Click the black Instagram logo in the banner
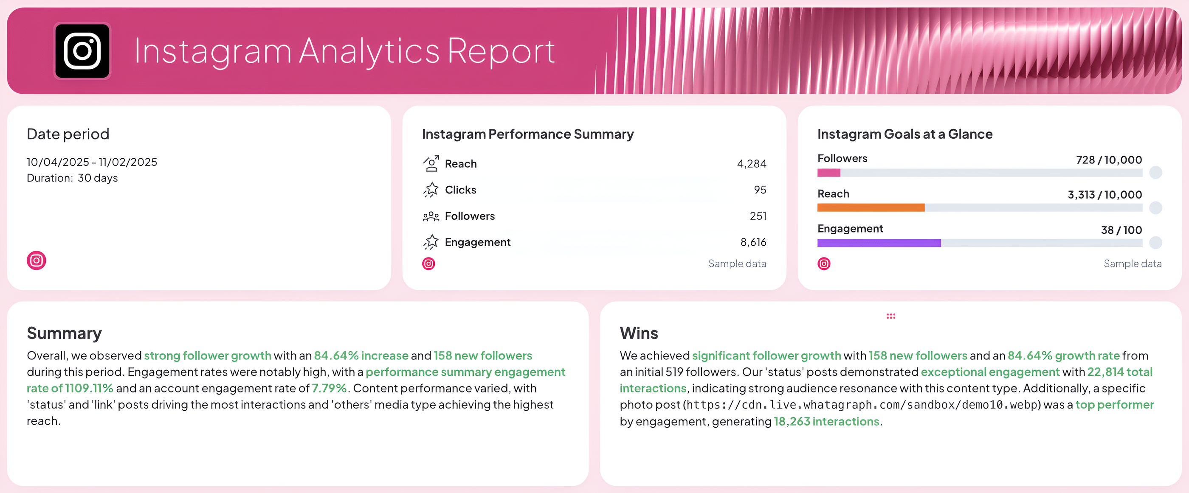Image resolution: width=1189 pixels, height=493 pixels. point(82,51)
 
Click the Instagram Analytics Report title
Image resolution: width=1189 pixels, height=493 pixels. point(344,51)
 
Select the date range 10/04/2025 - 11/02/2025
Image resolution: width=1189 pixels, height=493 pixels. point(92,162)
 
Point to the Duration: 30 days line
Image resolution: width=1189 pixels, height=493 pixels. point(72,178)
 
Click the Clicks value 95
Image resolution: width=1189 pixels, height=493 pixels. point(759,190)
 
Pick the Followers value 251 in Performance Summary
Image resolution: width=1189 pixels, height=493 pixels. point(758,216)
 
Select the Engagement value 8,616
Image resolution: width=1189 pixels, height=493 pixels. point(753,242)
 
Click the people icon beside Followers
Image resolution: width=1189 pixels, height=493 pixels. point(431,216)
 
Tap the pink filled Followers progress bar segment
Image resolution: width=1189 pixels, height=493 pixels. point(828,173)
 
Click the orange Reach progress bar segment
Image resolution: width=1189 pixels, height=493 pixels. point(871,207)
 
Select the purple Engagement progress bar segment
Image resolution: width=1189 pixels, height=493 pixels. point(879,243)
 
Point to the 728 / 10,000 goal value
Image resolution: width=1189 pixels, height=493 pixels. point(1109,160)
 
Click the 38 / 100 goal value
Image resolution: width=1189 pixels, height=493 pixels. point(1121,230)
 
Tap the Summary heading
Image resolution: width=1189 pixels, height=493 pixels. point(64,333)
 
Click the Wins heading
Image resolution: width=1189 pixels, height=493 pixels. point(639,333)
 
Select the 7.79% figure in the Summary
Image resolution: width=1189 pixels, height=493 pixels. point(329,388)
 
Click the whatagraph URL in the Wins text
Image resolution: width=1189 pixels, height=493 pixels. point(861,405)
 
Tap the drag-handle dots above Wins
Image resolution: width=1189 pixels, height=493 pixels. point(891,316)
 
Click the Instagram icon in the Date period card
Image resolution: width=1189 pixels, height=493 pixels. point(37,261)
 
